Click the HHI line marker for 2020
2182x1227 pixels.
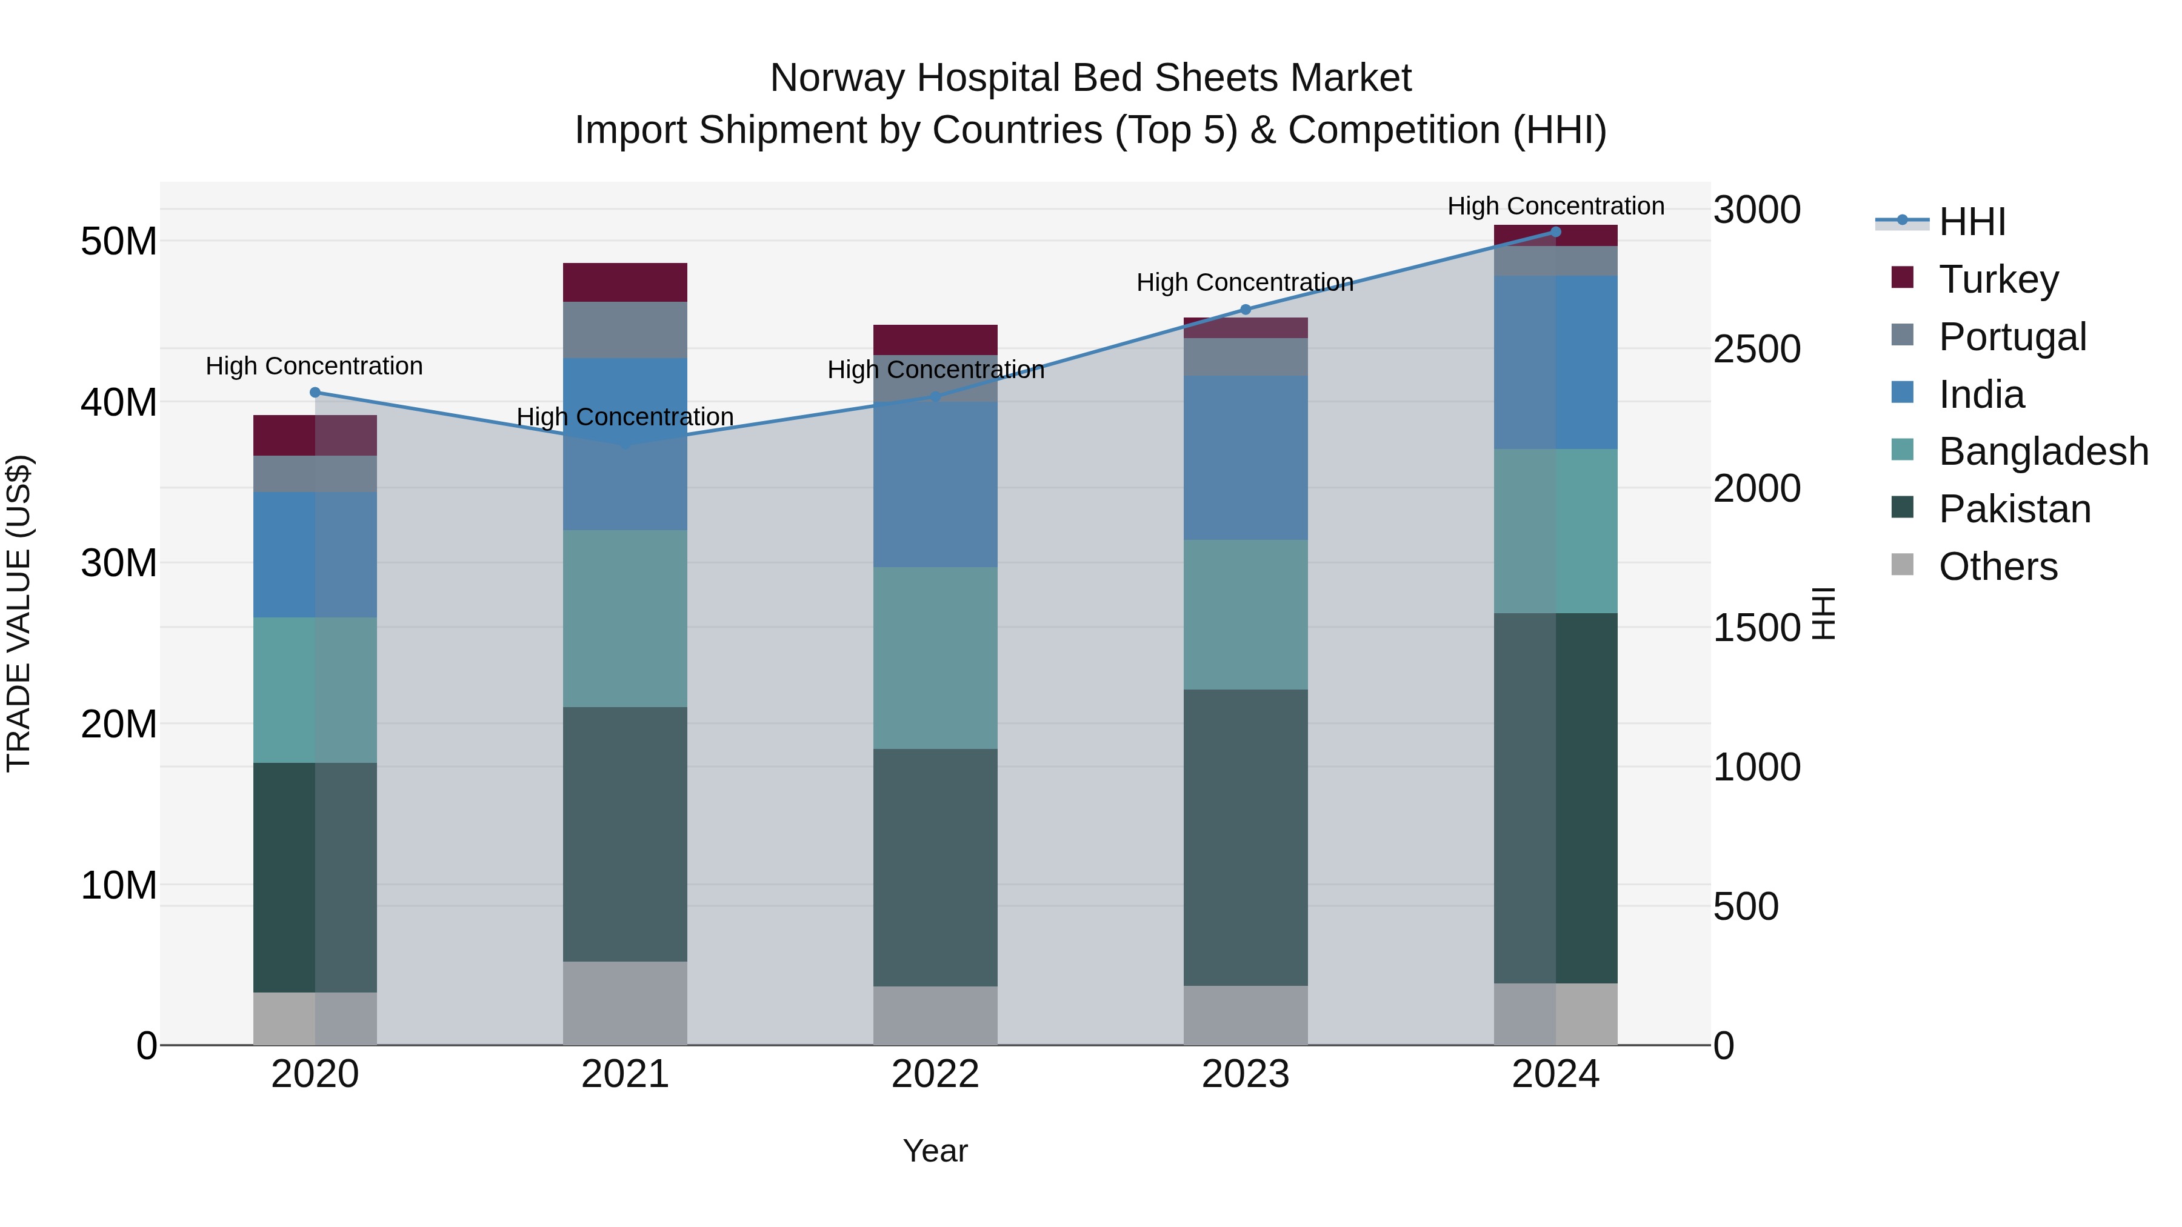click(x=315, y=392)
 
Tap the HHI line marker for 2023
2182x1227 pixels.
click(x=1245, y=309)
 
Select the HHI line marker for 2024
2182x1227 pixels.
click(x=1555, y=232)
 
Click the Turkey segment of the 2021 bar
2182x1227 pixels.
click(x=625, y=282)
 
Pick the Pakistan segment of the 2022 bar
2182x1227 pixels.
click(x=935, y=867)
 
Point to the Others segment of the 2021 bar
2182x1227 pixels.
click(x=625, y=1003)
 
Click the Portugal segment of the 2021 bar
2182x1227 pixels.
click(x=625, y=330)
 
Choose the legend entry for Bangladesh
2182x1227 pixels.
click(x=2043, y=451)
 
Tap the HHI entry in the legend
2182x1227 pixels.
click(x=1971, y=222)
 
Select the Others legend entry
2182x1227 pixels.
click(x=1997, y=567)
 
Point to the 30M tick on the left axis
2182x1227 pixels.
click(x=119, y=563)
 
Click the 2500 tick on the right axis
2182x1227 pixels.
click(x=1757, y=349)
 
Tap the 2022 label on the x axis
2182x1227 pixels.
click(x=935, y=1074)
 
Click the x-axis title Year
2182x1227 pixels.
click(x=935, y=1151)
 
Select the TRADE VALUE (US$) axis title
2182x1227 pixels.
click(x=19, y=613)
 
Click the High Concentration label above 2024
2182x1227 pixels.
click(x=1555, y=206)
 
